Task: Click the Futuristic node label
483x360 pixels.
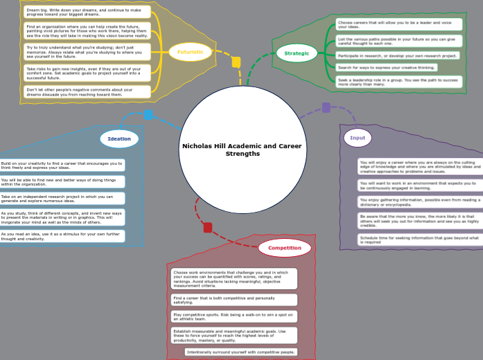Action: (190, 51)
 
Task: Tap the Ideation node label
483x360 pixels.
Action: (119, 138)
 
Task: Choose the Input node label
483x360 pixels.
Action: (358, 138)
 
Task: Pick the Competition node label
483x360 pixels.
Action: (285, 247)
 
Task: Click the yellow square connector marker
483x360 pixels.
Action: (236, 62)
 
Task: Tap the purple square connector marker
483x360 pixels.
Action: (326, 107)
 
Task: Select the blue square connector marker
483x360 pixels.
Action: (148, 115)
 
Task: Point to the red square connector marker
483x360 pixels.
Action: (207, 227)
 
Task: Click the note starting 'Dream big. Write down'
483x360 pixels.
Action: (86, 11)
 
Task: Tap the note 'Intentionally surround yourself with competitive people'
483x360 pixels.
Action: (241, 352)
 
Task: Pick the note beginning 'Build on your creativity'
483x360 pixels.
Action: (62, 165)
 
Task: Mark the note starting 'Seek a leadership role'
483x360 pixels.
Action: (398, 82)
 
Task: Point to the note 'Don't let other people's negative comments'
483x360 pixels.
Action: (86, 91)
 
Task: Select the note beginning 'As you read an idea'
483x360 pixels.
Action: (62, 236)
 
